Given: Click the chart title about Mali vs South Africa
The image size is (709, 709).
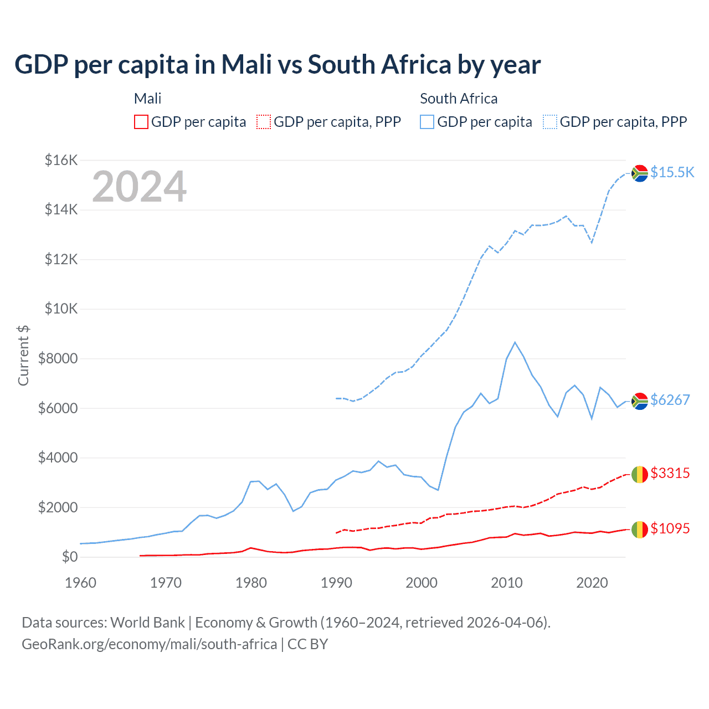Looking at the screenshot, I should click(278, 65).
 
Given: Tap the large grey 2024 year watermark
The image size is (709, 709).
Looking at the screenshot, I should click(139, 187).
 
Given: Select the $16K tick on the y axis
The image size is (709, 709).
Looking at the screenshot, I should click(61, 161).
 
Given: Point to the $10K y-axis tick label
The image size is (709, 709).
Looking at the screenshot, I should click(61, 309).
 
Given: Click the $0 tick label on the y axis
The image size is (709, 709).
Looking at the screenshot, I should click(69, 557).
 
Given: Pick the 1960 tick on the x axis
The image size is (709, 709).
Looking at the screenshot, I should click(81, 583).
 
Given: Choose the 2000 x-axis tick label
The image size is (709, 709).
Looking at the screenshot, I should click(422, 583).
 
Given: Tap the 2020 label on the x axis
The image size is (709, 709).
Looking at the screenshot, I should click(592, 583).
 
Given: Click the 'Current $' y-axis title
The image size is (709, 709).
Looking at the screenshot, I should click(23, 355).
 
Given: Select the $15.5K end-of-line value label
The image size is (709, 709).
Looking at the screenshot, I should click(672, 172).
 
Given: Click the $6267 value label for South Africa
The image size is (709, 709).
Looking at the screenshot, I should click(670, 400).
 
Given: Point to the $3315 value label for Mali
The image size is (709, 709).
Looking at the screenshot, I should click(670, 473).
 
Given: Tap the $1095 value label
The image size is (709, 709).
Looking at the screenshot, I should click(670, 528).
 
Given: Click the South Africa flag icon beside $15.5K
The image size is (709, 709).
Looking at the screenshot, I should click(640, 173).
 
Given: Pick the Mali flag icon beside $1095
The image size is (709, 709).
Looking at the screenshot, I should click(640, 530).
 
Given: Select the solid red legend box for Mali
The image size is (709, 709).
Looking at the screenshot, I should click(141, 122).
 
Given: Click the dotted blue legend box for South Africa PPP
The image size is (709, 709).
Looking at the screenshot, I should click(550, 122).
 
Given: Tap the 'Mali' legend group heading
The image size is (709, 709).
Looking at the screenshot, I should click(147, 99).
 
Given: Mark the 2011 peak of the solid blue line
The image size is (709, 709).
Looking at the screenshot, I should click(515, 342).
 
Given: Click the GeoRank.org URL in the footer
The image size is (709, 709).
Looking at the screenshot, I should click(149, 644).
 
